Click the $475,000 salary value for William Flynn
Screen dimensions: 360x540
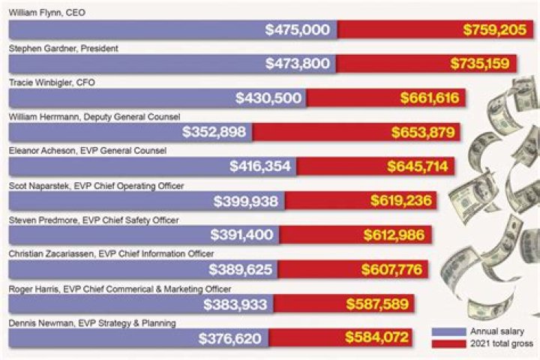tap(298, 30)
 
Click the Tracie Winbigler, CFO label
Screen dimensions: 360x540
tap(50, 82)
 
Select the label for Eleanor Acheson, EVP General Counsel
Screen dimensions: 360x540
tap(87, 151)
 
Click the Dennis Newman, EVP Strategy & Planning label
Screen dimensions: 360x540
tap(92, 322)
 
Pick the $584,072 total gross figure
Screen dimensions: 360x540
tap(377, 338)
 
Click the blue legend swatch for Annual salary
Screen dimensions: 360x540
tap(448, 331)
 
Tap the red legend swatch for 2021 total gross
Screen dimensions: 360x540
tap(448, 343)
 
